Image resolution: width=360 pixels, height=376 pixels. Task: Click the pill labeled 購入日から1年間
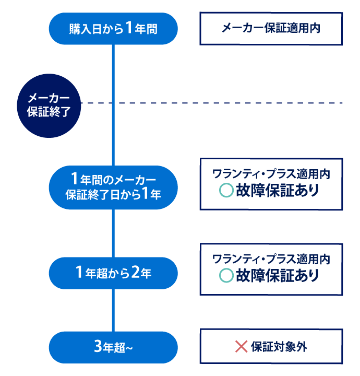(x=113, y=29)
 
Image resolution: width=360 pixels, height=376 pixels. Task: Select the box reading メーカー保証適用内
(x=271, y=28)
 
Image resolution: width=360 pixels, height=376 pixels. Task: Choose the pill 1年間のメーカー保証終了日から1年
(x=113, y=187)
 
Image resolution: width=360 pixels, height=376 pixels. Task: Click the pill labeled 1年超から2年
(x=113, y=273)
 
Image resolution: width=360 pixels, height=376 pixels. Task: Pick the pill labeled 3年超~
(x=113, y=347)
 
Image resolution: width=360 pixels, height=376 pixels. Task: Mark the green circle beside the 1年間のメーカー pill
(x=226, y=191)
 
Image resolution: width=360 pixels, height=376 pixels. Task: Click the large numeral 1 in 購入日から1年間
(x=128, y=28)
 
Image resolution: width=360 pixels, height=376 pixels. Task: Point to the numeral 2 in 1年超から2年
(x=135, y=272)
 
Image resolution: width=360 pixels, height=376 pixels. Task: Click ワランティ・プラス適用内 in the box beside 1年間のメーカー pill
(x=271, y=174)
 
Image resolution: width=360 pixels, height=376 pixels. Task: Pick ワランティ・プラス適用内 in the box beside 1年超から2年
(x=271, y=258)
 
